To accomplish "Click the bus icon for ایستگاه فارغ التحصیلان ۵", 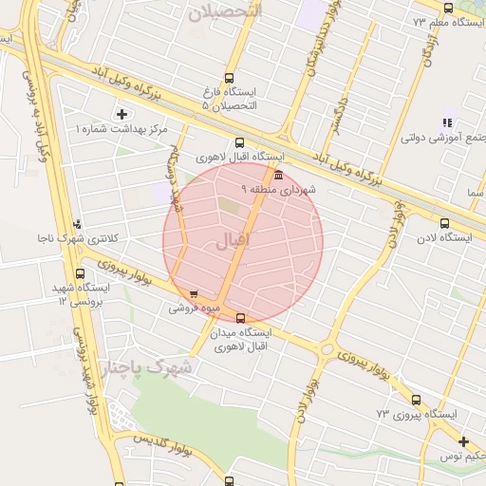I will click(228, 79).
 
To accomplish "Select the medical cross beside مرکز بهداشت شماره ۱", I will click(121, 115).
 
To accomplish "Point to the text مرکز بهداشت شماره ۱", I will click(120, 128).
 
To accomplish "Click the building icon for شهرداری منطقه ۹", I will click(277, 176).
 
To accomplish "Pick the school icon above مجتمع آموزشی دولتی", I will click(447, 122).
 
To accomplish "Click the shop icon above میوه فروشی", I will click(195, 294).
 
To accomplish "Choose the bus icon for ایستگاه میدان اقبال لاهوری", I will click(239, 318).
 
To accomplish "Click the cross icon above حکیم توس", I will click(463, 441).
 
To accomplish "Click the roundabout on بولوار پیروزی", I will click(327, 349).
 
